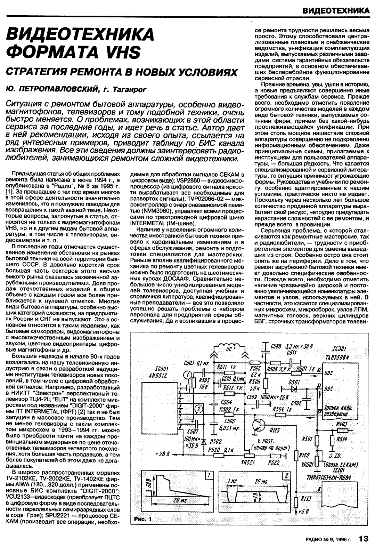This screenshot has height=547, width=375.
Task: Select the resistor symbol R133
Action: coord(296,501)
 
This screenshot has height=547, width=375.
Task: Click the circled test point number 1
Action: coord(187,375)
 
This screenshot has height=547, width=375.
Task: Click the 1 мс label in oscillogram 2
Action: coord(232,481)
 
